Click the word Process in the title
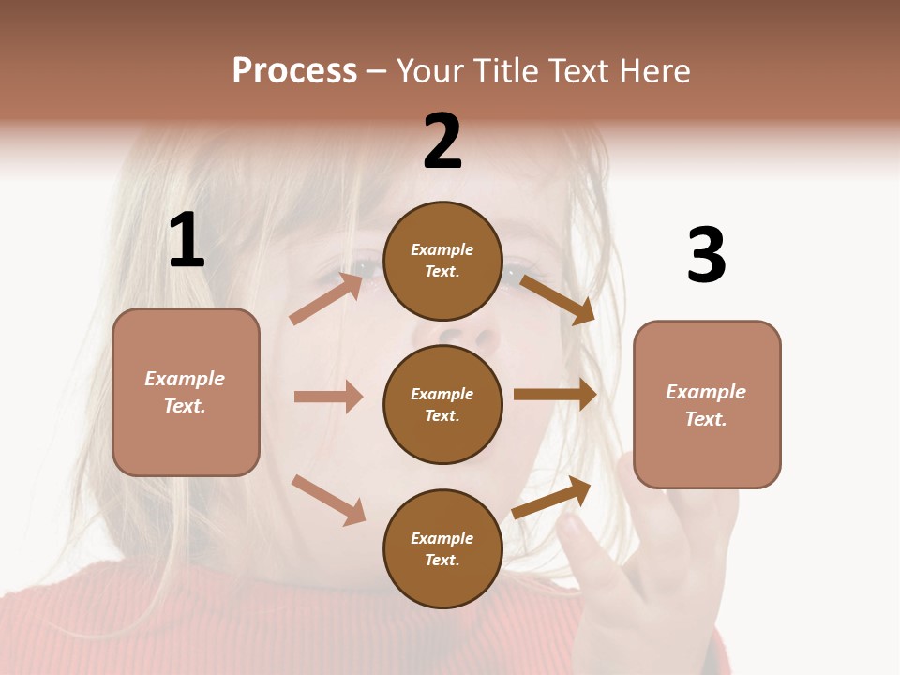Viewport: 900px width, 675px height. click(x=294, y=71)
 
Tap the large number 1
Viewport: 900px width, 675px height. click(x=187, y=241)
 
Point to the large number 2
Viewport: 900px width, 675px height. click(x=442, y=142)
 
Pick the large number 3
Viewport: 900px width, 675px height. click(x=707, y=256)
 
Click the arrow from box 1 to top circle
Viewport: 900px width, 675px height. click(x=326, y=298)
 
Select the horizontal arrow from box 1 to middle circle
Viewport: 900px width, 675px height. click(x=328, y=397)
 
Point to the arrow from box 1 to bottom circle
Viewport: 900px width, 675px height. click(x=328, y=500)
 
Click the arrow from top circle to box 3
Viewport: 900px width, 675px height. click(x=558, y=299)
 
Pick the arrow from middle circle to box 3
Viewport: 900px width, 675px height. click(x=555, y=394)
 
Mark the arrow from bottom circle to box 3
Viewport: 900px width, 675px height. click(x=551, y=497)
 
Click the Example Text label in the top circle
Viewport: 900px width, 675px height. click(x=442, y=261)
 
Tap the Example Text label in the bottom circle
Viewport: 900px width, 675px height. click(x=442, y=549)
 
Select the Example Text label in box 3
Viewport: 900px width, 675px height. click(x=707, y=405)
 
